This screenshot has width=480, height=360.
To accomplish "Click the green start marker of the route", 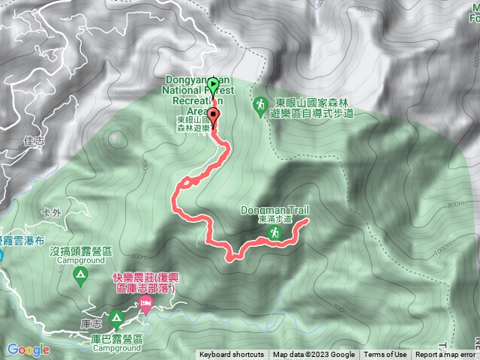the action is click(213, 83).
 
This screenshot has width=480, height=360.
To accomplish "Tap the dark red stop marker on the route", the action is click(215, 115).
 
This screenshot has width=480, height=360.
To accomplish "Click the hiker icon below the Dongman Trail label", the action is click(276, 235).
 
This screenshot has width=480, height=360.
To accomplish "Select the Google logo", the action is click(28, 349).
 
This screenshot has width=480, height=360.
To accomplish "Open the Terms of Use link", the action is click(386, 355).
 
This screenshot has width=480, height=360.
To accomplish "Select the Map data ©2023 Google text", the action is click(314, 355).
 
